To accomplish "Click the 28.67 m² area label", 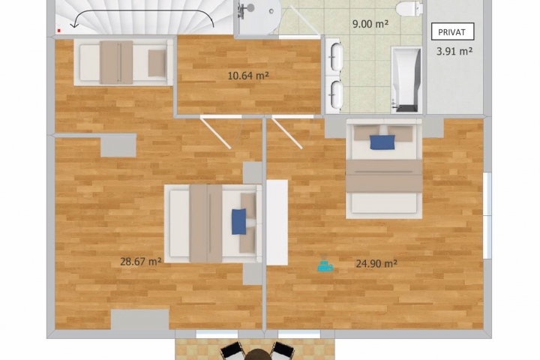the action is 141,262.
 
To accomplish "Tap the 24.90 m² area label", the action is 376,264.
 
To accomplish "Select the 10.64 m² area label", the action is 248,76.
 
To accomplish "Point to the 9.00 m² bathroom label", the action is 370,24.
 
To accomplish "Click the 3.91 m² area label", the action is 454,51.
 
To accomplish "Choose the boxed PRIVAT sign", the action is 452,32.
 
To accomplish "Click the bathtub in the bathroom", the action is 406,80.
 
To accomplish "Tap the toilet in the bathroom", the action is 409,7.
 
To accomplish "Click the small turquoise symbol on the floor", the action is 325,265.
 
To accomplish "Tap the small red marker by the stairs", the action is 59,31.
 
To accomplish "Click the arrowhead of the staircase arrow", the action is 73,25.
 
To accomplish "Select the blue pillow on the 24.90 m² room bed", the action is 382,142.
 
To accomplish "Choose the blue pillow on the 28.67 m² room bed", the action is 239,221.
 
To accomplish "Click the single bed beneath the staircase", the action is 123,62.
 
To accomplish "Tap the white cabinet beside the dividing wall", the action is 277,223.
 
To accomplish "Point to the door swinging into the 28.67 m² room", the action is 215,133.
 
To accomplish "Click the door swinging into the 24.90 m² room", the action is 287,133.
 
